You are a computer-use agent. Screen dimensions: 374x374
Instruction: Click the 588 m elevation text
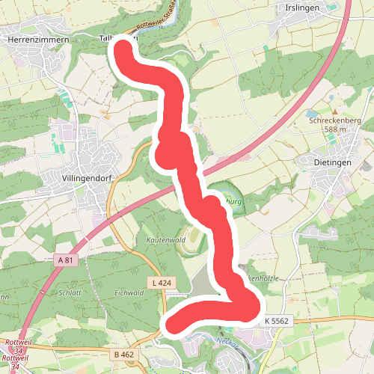tap(335, 129)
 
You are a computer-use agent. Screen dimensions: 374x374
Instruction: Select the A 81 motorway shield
tap(67, 260)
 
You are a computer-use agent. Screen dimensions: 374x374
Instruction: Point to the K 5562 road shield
tap(275, 320)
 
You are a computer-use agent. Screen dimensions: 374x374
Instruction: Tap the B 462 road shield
tap(123, 353)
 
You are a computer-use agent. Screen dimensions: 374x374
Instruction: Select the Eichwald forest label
tap(129, 293)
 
